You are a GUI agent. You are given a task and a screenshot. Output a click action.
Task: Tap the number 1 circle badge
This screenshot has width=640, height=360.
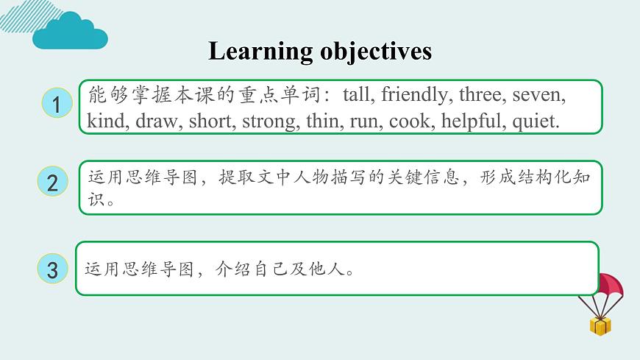(56, 103)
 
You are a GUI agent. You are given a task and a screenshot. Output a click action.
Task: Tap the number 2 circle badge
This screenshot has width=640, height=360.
(52, 183)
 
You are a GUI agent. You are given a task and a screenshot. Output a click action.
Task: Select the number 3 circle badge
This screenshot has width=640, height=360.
(52, 269)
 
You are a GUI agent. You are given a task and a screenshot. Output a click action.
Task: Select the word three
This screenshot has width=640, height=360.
(481, 95)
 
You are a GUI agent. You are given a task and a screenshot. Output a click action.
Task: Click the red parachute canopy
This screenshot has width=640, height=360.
(609, 286)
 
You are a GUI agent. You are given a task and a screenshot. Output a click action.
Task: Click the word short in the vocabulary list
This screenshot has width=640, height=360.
(210, 121)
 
